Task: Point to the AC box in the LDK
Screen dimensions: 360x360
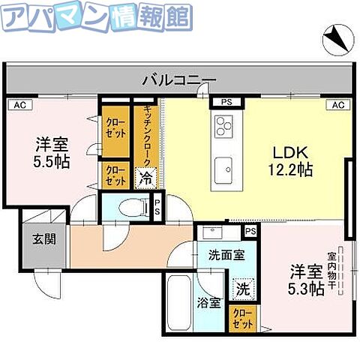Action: (x=337, y=105)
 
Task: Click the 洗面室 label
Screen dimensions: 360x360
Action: (x=226, y=255)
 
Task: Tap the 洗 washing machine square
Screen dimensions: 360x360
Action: (x=242, y=286)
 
